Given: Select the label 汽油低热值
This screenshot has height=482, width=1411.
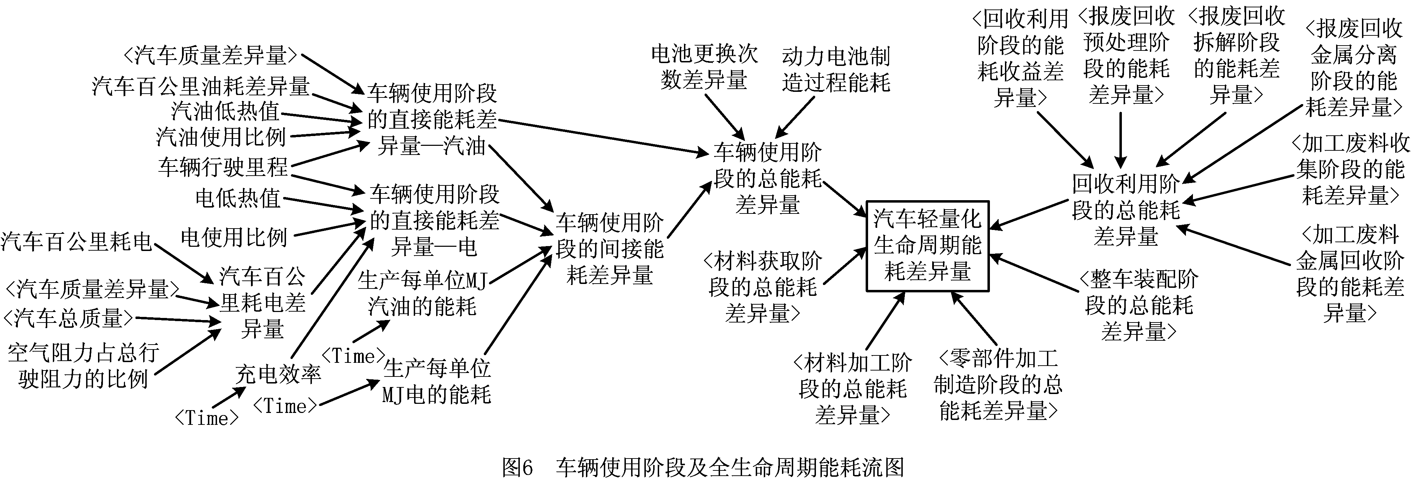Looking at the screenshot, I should point(225,111).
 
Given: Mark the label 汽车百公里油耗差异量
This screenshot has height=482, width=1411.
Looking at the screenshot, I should point(201,86).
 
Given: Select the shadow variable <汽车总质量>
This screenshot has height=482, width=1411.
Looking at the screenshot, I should point(69,318).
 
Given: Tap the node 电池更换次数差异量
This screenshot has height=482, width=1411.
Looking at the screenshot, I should point(704,67).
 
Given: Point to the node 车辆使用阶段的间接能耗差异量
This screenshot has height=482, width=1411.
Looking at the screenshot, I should point(610,249).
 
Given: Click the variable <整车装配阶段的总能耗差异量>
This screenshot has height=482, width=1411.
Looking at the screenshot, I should point(1139,305).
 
